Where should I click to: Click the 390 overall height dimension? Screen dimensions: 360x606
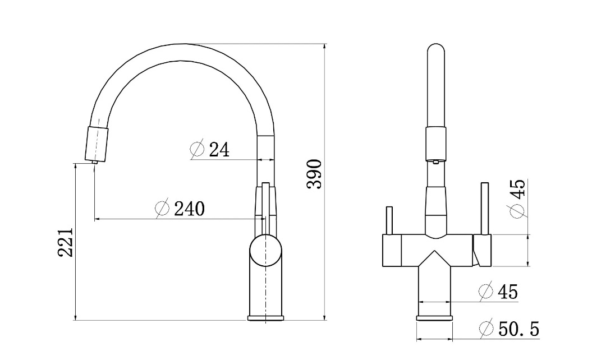[x=315, y=173]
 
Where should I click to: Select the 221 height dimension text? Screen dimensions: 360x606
[x=66, y=242]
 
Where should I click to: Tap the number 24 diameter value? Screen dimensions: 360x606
[x=219, y=150]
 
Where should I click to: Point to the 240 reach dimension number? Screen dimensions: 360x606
[x=189, y=209]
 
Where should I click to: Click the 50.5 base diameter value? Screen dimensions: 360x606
[x=518, y=329]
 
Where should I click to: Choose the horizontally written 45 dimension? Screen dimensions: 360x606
[x=507, y=292]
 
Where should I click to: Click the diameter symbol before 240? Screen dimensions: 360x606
[x=162, y=209]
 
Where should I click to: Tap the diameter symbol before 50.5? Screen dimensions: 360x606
[x=486, y=329]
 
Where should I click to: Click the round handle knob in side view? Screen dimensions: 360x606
[x=265, y=251]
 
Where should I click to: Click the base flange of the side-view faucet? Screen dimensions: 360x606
[x=266, y=319]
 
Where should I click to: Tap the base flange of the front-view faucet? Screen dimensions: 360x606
[x=434, y=319]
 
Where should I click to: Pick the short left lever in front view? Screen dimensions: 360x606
[x=388, y=221]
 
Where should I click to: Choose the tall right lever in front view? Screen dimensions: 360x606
[x=484, y=207]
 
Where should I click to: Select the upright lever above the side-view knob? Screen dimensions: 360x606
[x=266, y=210]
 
